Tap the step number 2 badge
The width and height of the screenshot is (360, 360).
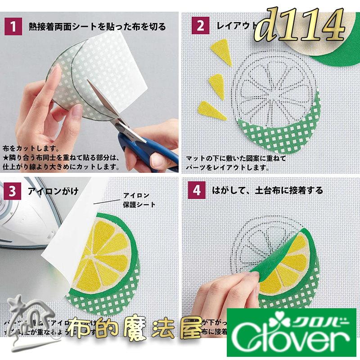pyautogui.click(x=198, y=27)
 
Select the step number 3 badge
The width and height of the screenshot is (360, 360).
pyautogui.click(x=14, y=190)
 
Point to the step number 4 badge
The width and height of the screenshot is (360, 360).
pyautogui.click(x=198, y=190)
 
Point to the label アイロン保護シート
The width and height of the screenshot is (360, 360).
pyautogui.click(x=139, y=200)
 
